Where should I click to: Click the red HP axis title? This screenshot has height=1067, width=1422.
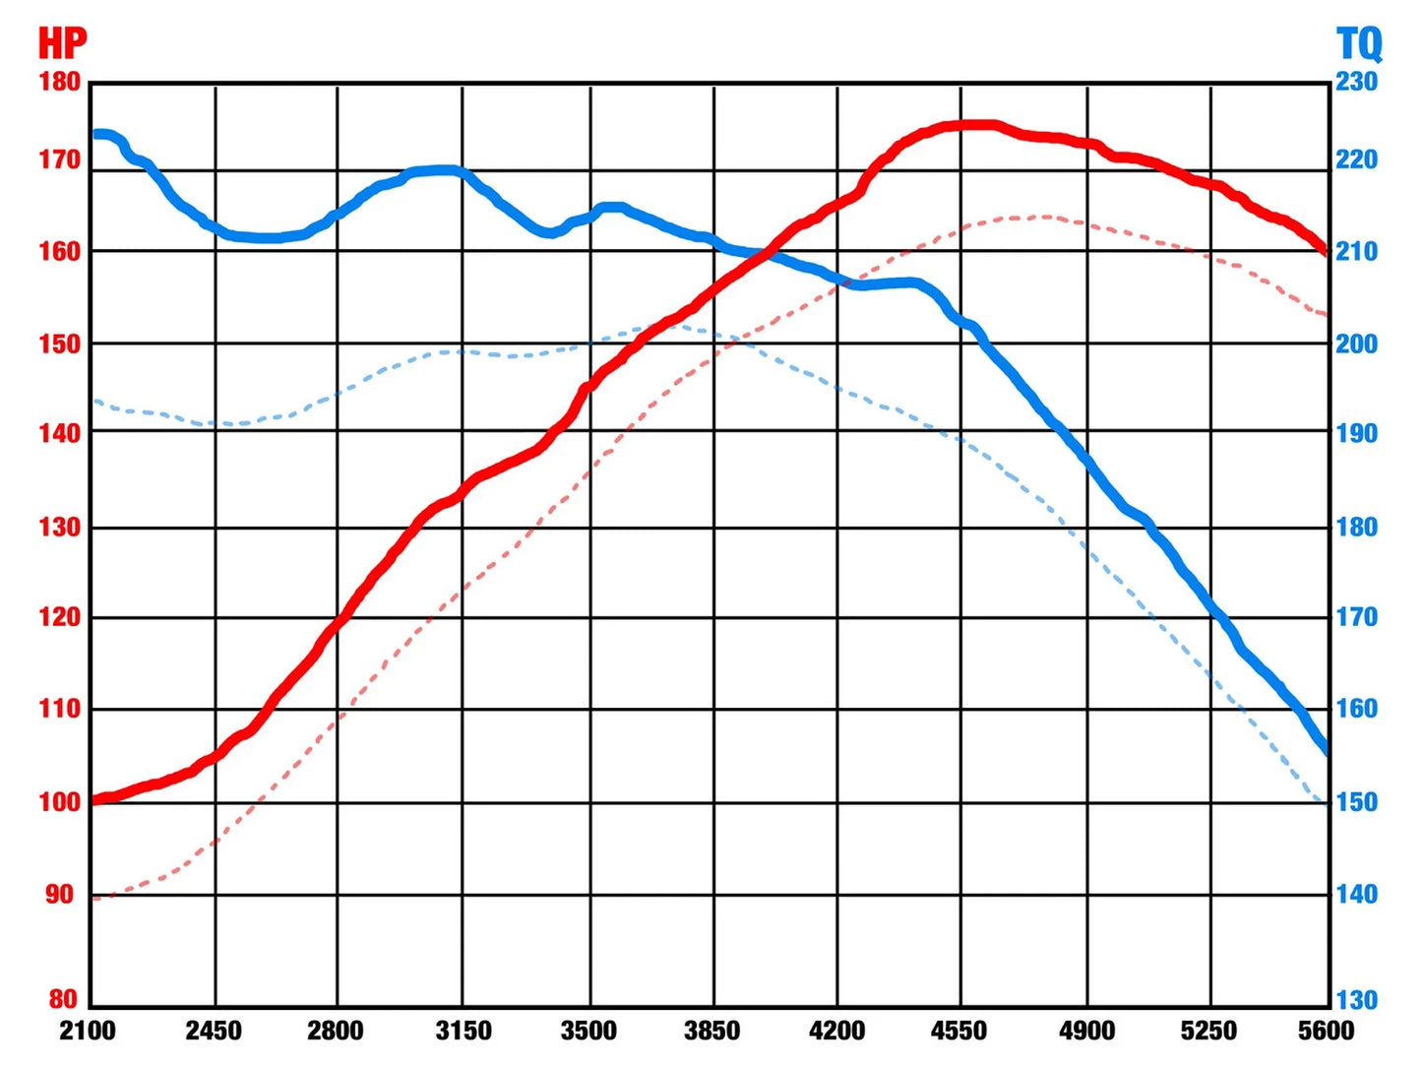(62, 43)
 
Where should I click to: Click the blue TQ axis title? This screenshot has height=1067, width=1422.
(1358, 44)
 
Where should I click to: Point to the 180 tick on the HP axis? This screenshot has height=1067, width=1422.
(60, 83)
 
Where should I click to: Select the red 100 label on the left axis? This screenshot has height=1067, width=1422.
(60, 802)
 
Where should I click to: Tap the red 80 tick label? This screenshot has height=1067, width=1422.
(64, 999)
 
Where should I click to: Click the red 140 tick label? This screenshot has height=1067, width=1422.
(60, 433)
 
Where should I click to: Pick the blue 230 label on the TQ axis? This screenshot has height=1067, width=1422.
(1356, 83)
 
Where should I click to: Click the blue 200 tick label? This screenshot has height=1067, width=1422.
(1356, 344)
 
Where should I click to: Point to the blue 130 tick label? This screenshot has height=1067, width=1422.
(1356, 1000)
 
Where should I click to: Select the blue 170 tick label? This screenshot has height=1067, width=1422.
(1356, 617)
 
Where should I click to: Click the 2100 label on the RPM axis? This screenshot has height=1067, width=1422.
(88, 1031)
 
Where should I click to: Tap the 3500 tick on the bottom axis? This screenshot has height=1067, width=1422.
(588, 1031)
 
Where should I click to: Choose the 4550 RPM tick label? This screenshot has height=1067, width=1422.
(958, 1031)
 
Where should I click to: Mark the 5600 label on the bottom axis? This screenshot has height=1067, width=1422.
(1327, 1031)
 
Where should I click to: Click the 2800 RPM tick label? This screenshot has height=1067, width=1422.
(335, 1031)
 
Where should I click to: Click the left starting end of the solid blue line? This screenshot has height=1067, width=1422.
(95, 134)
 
